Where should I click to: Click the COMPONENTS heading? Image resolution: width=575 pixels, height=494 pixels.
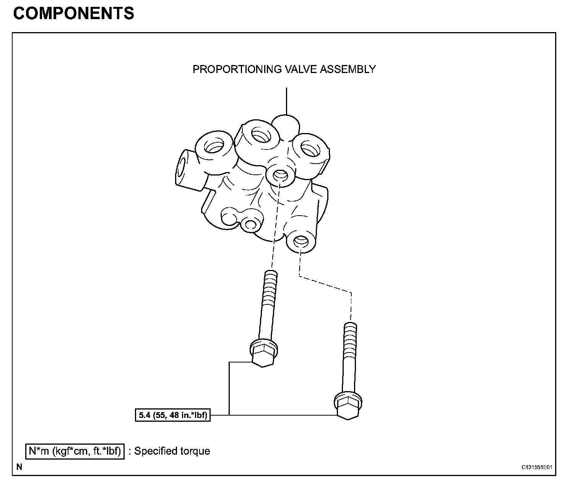click(x=73, y=13)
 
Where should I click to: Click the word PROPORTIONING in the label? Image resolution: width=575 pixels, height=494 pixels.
click(x=237, y=69)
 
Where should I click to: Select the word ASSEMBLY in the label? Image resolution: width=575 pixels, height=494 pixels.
click(x=348, y=69)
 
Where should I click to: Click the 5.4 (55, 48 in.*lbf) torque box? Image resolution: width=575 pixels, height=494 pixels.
click(x=173, y=415)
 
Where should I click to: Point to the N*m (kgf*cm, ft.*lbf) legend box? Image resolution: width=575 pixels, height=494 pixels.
click(x=75, y=451)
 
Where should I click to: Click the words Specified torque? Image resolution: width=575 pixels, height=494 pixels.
click(x=172, y=451)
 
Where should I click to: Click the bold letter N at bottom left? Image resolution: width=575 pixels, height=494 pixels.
click(x=19, y=467)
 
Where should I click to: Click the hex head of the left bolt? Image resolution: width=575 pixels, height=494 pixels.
click(x=263, y=354)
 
